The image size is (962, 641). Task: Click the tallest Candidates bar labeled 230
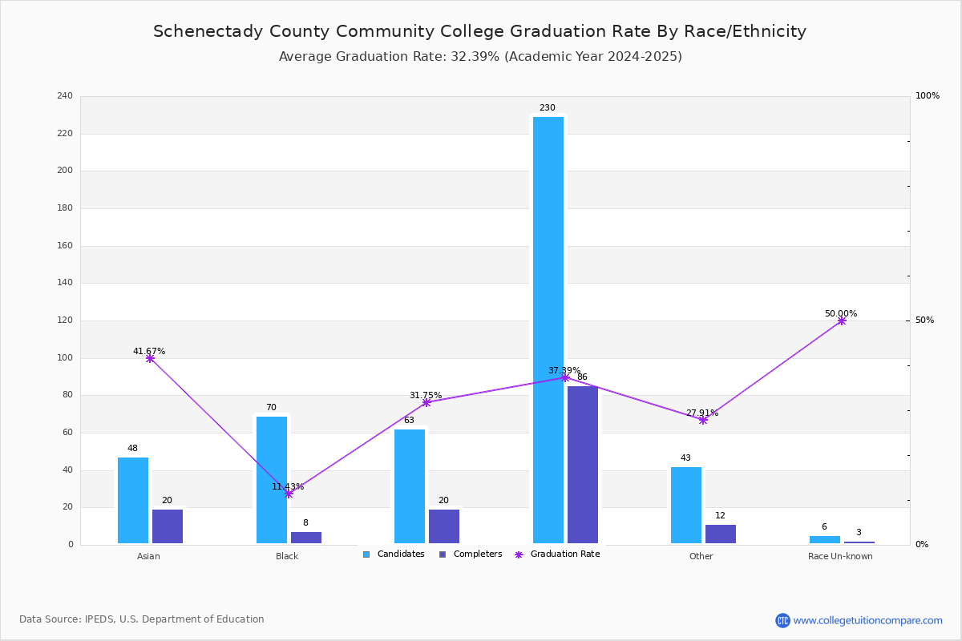pos(548,330)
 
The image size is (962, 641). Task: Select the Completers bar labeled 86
pos(582,465)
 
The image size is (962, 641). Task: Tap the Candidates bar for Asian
pos(133,500)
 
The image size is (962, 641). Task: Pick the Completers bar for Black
pos(305,538)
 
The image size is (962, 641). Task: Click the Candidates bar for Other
pos(686,505)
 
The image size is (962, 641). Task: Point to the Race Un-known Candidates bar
pos(825,540)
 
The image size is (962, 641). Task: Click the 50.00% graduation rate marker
pos(842,320)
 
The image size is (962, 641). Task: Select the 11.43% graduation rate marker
pos(289,494)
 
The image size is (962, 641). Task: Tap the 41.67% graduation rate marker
pos(150,358)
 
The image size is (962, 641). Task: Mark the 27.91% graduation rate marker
pos(703,420)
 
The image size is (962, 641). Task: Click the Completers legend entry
pos(471,554)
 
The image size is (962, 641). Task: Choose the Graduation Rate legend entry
pos(557,554)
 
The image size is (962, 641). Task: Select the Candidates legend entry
pos(394,554)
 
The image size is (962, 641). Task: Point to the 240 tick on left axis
pos(65,95)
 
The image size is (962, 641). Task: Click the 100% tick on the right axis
pos(928,95)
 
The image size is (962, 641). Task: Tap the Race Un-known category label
pos(840,556)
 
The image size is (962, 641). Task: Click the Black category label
pos(287,556)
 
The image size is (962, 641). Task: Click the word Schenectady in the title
pos(208,31)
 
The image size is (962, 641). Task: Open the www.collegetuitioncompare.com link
pos(867,620)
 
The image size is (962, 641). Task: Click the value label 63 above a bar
pos(409,420)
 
